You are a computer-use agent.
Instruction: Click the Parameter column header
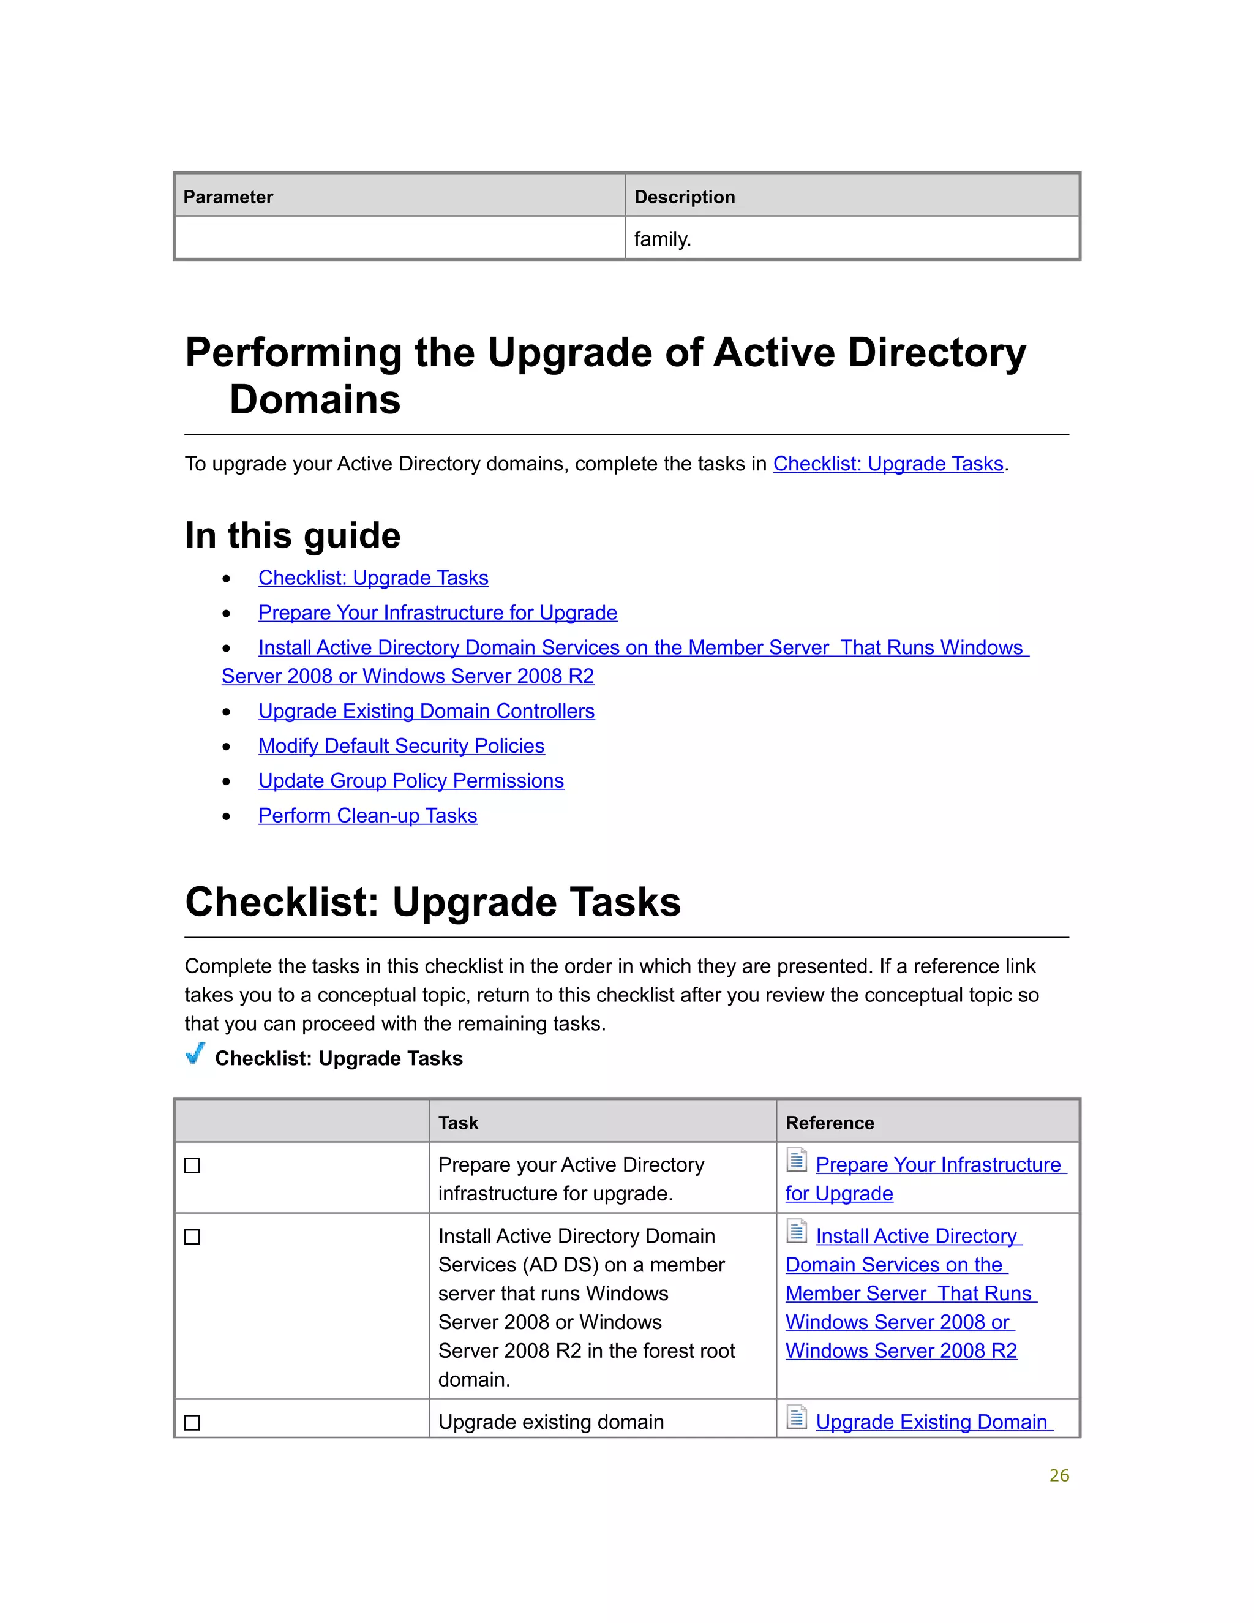click(x=228, y=197)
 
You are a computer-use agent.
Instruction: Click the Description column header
click(x=684, y=197)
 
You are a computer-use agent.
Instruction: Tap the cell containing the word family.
click(x=663, y=239)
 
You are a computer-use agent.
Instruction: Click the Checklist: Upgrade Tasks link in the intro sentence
click(x=888, y=464)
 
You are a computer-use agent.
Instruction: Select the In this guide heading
click(x=293, y=535)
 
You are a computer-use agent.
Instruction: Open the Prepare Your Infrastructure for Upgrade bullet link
click(x=438, y=612)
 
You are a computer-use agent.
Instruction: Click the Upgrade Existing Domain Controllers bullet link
click(x=426, y=711)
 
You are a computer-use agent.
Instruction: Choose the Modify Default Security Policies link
click(x=401, y=746)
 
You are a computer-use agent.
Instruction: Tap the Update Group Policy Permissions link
click(x=411, y=781)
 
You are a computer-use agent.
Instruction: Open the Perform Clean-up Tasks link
click(x=368, y=816)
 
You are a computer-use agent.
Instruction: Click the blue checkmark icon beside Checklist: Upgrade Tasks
click(x=195, y=1054)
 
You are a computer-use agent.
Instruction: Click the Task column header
click(x=459, y=1123)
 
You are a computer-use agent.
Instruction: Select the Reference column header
click(x=830, y=1123)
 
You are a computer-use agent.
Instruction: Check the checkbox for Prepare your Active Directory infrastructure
click(x=192, y=1166)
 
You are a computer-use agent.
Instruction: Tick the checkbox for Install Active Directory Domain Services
click(x=192, y=1237)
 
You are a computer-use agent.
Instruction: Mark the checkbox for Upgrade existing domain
click(x=192, y=1422)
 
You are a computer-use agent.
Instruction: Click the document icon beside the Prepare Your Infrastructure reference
click(x=797, y=1160)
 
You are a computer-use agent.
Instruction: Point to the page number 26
click(x=1059, y=1476)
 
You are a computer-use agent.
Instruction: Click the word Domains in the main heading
click(x=315, y=400)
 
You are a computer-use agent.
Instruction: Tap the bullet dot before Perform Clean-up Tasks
click(x=227, y=816)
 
